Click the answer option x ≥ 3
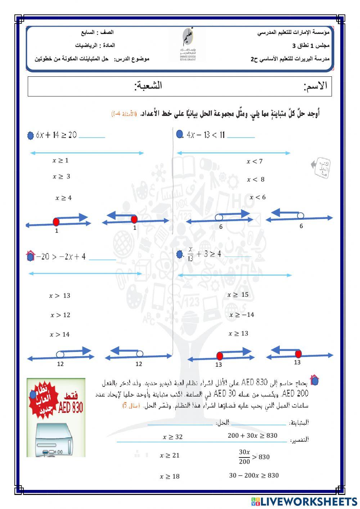coord(61,177)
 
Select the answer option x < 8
coord(256,179)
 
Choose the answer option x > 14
coord(59,335)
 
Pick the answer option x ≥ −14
coord(242,315)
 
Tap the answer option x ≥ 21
coord(170,455)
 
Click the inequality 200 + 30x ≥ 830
coord(252,436)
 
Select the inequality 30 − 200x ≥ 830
coord(254,475)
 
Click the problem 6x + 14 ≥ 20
coord(57,135)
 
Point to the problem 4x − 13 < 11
coord(206,135)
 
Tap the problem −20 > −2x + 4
coord(61,257)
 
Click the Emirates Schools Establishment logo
coord(188,45)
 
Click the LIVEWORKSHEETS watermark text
coord(309,501)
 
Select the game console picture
coord(54,439)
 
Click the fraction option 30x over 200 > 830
coord(254,457)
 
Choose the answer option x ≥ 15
coord(238,295)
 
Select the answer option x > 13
coord(60,296)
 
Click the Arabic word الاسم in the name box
coord(315,86)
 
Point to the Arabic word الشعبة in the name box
coord(148,86)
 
